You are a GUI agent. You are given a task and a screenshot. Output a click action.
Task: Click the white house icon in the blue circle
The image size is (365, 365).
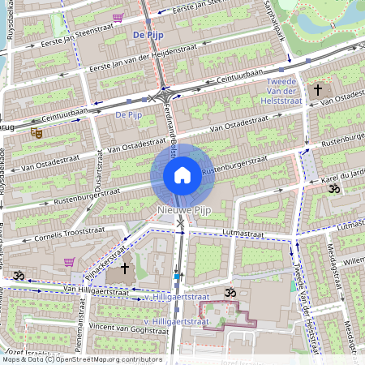[x=182, y=174]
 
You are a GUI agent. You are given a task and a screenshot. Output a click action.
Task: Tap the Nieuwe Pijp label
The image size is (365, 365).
[x=182, y=211]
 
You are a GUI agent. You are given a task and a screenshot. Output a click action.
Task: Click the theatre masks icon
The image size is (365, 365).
[x=36, y=131]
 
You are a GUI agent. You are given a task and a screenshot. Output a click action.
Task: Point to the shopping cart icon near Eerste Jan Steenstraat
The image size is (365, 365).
[x=118, y=17]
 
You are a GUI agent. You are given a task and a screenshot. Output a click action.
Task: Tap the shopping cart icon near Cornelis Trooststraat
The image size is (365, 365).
[x=69, y=262]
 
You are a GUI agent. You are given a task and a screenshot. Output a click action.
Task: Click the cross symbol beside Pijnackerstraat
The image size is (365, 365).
[x=125, y=267]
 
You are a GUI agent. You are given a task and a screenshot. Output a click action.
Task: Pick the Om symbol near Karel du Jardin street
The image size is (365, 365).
[x=331, y=188]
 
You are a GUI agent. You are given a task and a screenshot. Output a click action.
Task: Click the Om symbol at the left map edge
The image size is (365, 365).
[x=18, y=276]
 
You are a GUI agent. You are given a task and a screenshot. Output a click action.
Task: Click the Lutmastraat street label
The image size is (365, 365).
[x=243, y=234]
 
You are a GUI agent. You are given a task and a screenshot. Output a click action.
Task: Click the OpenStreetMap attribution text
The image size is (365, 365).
[x=81, y=359]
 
